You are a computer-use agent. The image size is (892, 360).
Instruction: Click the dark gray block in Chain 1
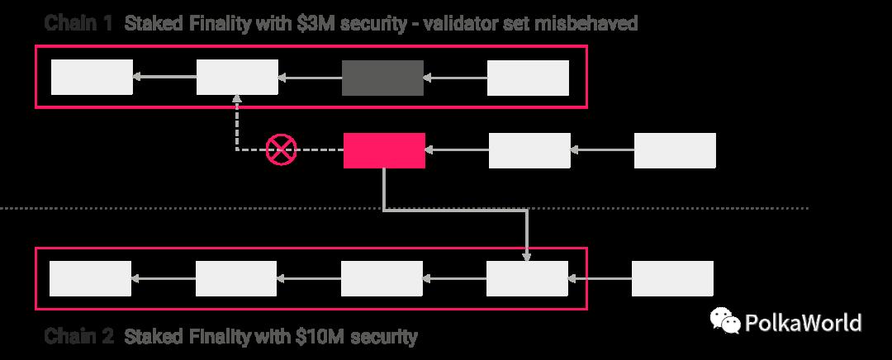(382, 78)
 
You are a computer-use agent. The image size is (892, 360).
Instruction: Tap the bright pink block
(384, 150)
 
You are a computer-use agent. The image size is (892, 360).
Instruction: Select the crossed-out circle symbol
(281, 149)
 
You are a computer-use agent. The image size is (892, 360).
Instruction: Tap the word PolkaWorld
(804, 323)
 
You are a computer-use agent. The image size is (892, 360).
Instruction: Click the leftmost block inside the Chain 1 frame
(92, 78)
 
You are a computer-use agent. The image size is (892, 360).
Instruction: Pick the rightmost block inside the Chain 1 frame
(528, 78)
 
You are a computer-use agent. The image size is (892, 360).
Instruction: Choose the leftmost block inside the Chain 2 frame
(91, 279)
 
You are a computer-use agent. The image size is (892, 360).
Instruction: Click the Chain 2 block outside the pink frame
(672, 279)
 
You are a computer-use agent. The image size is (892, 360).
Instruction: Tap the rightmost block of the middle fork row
(675, 150)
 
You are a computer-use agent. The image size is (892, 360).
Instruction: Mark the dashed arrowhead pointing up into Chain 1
(237, 100)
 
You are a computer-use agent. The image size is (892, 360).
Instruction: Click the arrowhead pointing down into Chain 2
(527, 257)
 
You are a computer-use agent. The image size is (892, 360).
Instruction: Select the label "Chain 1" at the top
(78, 23)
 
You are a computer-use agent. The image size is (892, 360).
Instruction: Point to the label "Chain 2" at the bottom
(79, 337)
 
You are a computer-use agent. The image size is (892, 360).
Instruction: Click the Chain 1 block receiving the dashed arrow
(237, 78)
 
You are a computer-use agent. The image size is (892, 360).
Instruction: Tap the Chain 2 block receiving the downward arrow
(527, 279)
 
